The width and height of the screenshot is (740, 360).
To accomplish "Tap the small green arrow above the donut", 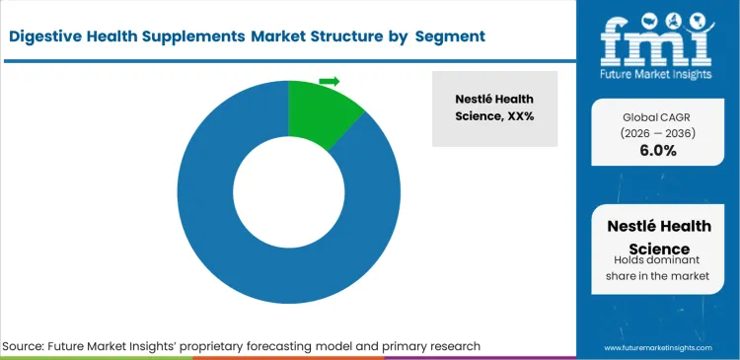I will (x=330, y=81).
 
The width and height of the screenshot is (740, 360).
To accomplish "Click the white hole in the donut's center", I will (x=288, y=191).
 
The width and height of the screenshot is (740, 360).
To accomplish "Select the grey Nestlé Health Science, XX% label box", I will (x=494, y=108).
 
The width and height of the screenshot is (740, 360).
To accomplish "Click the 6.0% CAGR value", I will (x=659, y=151).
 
